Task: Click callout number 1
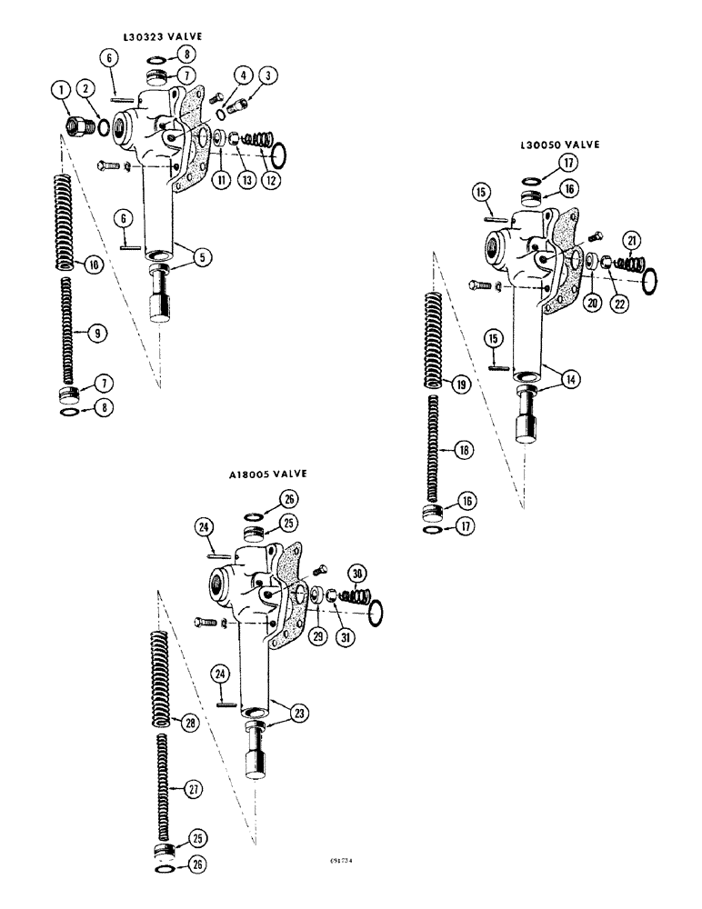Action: coord(59,89)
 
